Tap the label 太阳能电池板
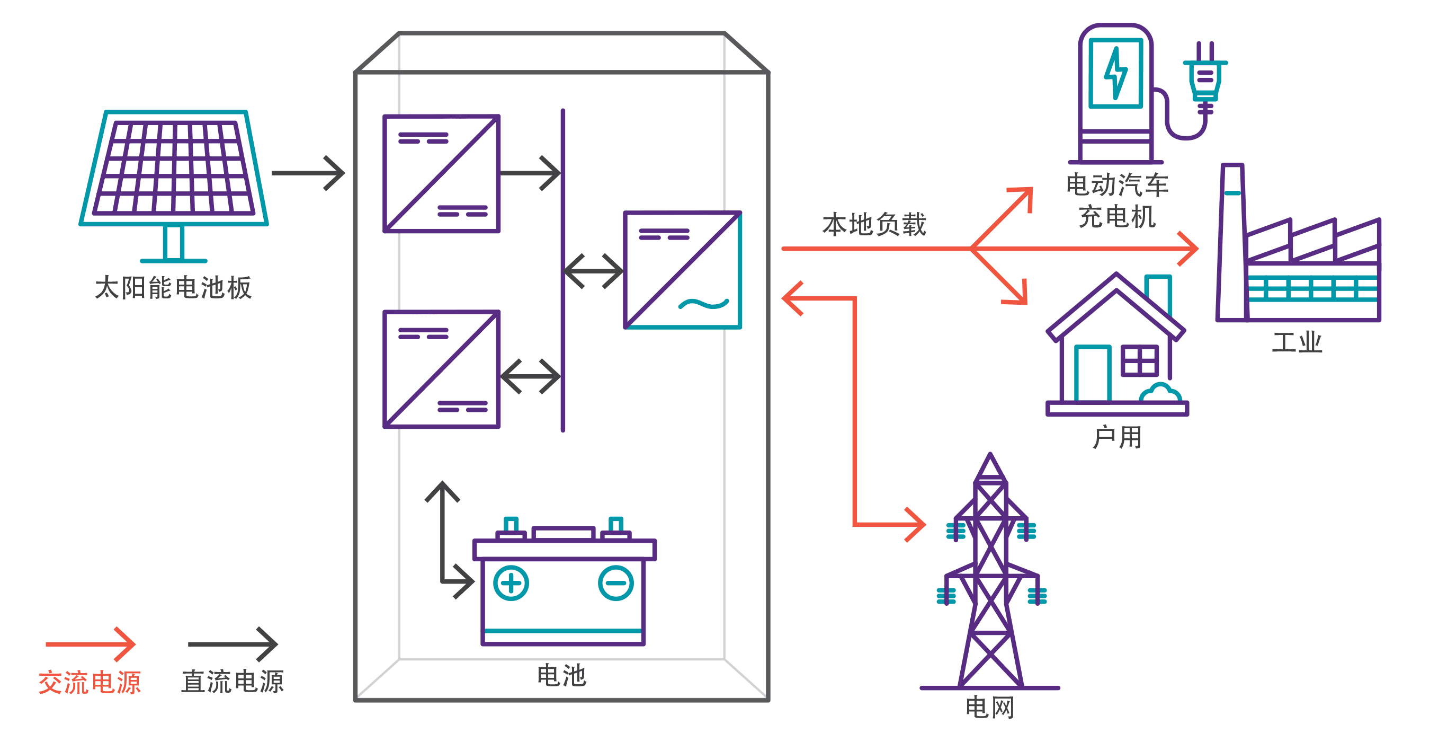coord(173,288)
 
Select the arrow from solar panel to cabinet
coord(309,173)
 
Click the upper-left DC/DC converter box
coord(442,174)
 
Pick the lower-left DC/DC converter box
coord(442,369)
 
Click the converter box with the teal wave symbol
coord(683,270)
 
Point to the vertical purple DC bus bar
coord(563,270)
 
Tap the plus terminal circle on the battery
coord(511,583)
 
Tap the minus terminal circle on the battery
coord(615,583)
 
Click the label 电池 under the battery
coord(561,675)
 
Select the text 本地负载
coord(874,224)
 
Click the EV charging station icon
coord(1116,94)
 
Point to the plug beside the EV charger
coord(1204,78)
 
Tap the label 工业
coord(1297,342)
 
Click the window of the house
coord(1140,360)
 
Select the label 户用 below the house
coord(1117,438)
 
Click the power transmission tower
coord(990,578)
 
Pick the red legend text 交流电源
coord(90,682)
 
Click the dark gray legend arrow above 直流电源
coord(233,644)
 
